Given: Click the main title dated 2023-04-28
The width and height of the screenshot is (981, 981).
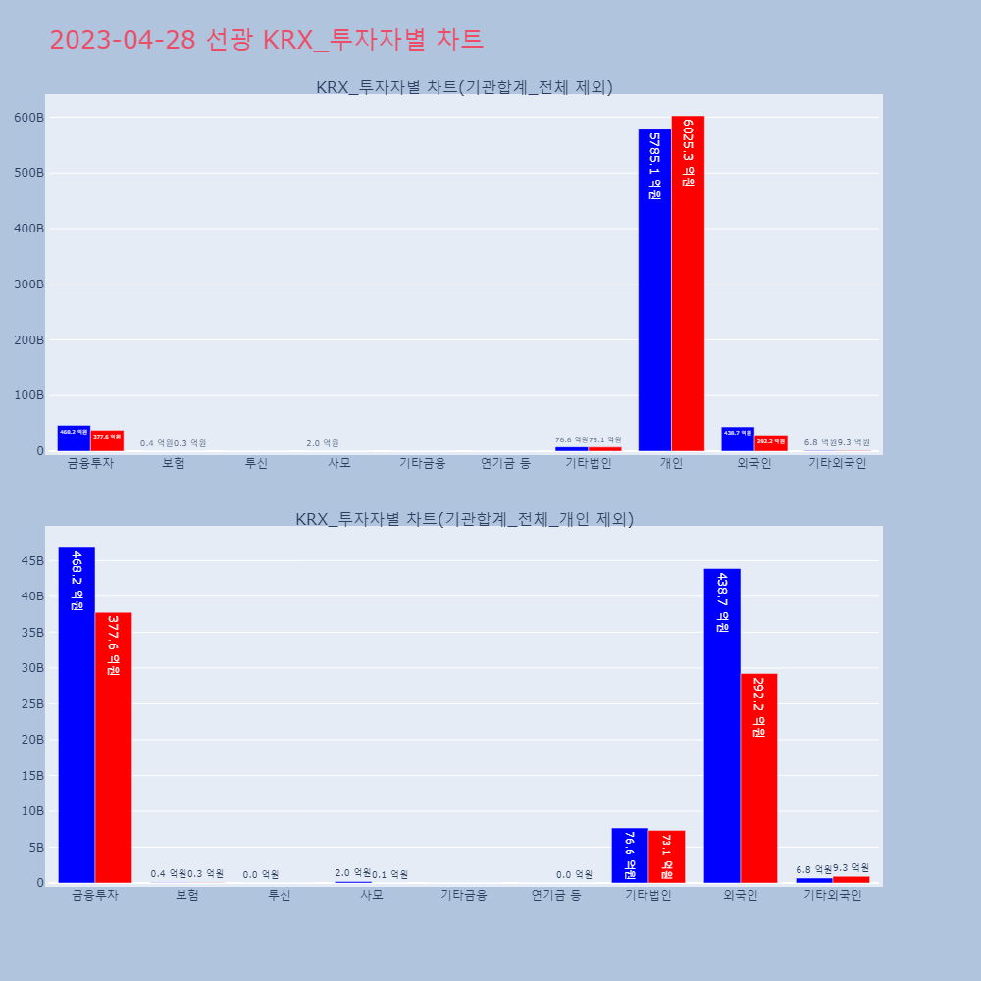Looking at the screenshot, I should click(x=266, y=40).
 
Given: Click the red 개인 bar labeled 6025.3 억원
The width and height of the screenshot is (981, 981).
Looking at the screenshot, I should click(x=688, y=284).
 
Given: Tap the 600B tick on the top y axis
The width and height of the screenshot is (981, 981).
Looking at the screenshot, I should click(x=28, y=117).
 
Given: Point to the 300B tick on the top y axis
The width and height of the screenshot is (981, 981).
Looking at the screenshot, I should click(x=28, y=284).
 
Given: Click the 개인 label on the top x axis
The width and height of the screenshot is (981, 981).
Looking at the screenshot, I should click(x=671, y=463).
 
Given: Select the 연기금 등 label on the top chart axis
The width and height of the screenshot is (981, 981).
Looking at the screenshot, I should click(x=505, y=463).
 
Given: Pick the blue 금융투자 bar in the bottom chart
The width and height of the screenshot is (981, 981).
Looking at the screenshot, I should click(x=77, y=715).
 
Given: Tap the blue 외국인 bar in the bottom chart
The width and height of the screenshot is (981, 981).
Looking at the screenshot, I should click(x=722, y=726).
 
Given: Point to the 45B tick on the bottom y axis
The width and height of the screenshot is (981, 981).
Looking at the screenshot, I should click(x=31, y=561).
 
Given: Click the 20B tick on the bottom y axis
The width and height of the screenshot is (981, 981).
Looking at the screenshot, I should click(x=31, y=740).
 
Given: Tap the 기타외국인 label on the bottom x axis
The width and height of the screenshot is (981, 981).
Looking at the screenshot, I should click(x=832, y=895).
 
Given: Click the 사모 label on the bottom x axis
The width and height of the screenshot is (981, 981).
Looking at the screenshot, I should click(x=371, y=895).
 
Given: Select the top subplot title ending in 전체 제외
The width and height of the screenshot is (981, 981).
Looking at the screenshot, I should click(x=464, y=87).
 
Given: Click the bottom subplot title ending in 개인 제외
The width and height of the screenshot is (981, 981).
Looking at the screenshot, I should click(x=464, y=519).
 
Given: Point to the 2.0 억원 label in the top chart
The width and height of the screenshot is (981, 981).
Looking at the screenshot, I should click(x=323, y=443).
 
